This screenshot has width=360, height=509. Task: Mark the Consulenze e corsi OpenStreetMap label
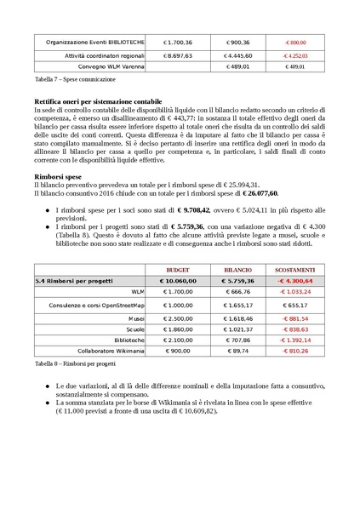96,304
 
